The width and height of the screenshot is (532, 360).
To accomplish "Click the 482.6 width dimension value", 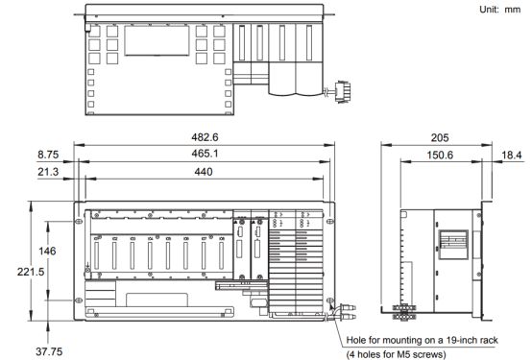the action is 205,137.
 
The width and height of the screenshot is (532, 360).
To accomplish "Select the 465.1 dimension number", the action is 205,154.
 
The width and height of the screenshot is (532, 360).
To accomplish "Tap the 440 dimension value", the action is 204,172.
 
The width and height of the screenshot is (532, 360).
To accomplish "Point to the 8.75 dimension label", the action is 48,155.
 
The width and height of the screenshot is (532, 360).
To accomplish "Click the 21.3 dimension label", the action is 48,172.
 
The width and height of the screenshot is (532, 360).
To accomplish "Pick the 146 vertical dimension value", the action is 47,252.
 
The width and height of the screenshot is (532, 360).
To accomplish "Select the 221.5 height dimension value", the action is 31,272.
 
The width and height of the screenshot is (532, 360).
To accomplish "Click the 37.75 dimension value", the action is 49,351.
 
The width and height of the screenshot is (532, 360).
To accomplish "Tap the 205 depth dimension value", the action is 440,137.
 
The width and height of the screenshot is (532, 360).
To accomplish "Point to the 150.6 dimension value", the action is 440,156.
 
